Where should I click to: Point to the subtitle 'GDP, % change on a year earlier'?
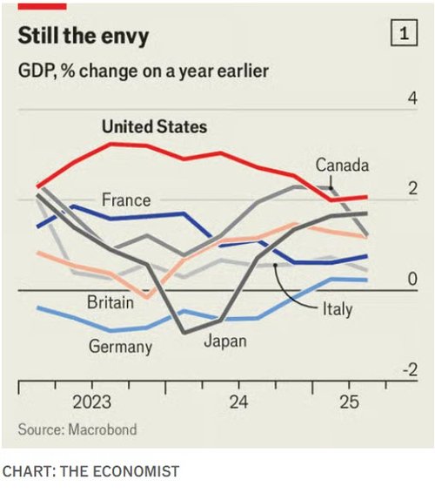click(144, 71)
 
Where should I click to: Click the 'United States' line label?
click(154, 127)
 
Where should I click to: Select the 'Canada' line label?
click(342, 165)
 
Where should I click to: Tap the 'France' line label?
click(126, 199)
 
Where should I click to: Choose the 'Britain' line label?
click(110, 302)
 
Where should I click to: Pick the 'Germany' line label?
click(120, 347)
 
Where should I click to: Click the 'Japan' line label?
click(224, 341)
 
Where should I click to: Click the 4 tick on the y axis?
click(412, 98)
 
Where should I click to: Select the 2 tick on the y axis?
click(412, 189)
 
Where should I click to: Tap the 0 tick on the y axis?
click(412, 280)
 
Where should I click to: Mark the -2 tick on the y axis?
click(408, 369)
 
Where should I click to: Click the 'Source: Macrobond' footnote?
click(77, 429)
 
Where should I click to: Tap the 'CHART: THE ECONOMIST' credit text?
click(90, 472)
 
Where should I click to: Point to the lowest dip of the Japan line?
click(184, 332)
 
